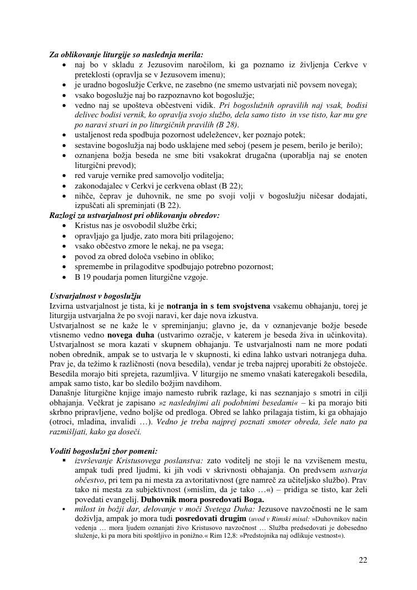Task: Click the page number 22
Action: tap(363, 560)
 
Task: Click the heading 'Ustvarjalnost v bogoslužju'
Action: tap(95, 296)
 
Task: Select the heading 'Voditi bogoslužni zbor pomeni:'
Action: tap(103, 451)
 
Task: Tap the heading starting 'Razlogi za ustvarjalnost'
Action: tap(134, 215)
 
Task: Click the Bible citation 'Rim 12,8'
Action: tap(211, 536)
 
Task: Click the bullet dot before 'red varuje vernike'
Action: tap(65, 176)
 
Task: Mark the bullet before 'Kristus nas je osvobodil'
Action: tap(65, 226)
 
